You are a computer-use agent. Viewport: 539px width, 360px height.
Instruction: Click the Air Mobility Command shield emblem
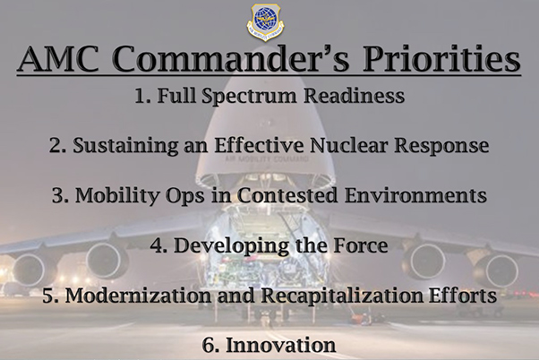[x=265, y=22]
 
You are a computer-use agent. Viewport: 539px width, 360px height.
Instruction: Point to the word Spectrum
[x=249, y=97]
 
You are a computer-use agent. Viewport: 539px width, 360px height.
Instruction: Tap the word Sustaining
[x=125, y=146]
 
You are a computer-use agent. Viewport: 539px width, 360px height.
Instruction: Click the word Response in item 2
[x=441, y=146]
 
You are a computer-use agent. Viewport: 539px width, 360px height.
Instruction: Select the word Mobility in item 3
[x=118, y=196]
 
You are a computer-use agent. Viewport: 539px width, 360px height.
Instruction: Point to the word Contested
[x=287, y=195]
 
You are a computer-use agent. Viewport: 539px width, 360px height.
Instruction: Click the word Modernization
[x=138, y=296]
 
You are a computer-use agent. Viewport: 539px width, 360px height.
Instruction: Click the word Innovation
[x=280, y=345]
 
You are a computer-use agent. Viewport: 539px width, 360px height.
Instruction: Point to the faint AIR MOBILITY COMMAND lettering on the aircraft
[x=267, y=159]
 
